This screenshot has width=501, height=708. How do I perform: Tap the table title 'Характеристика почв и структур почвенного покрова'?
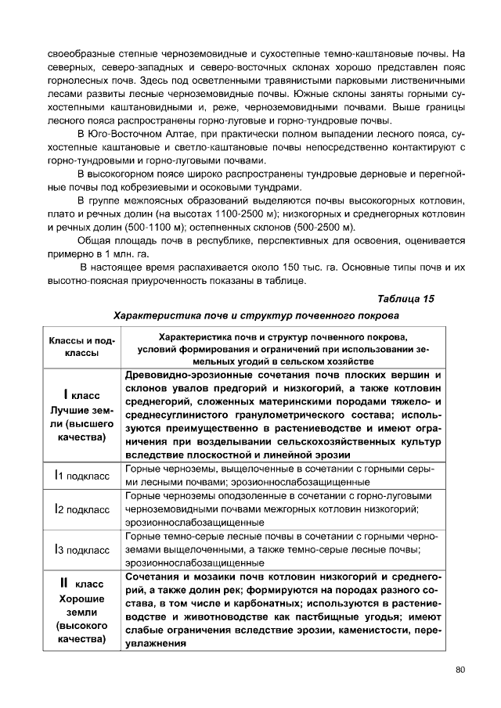[256, 315]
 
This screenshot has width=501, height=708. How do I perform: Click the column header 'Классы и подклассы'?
[81, 347]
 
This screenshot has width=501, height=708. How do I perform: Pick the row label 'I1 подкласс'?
[81, 475]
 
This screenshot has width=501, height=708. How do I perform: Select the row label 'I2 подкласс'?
[81, 509]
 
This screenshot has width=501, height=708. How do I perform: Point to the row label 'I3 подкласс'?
[81, 550]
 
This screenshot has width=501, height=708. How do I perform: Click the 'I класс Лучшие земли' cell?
[81, 412]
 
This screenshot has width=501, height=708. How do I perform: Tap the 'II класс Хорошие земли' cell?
[81, 610]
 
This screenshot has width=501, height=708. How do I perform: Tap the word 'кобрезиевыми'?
[189, 187]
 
